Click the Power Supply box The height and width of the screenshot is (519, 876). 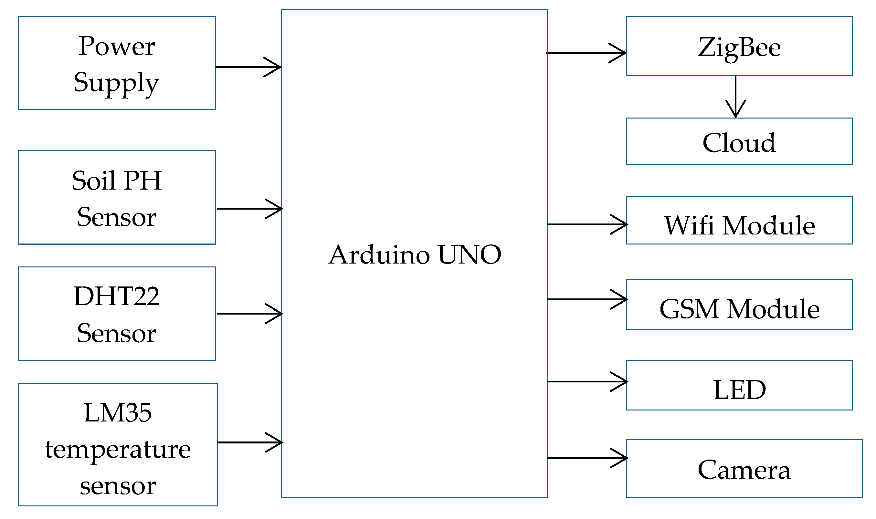tap(117, 63)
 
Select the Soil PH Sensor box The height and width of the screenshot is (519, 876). tap(117, 198)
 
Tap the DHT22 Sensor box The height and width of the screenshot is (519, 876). tap(117, 314)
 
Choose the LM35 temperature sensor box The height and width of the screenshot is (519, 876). tap(118, 444)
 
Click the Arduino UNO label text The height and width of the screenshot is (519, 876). tap(415, 254)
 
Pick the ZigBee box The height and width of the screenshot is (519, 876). tap(739, 46)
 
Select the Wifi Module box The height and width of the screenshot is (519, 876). tap(739, 220)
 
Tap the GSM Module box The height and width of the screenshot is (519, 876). tap(739, 305)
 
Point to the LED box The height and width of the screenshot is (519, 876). tap(739, 385)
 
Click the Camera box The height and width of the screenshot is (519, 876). tap(744, 469)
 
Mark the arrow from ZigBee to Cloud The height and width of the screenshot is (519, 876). tap(736, 97)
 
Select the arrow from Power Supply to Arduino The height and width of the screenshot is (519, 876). tap(248, 67)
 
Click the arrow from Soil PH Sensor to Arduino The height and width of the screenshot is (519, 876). tap(250, 209)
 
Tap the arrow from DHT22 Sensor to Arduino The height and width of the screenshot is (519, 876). tap(250, 314)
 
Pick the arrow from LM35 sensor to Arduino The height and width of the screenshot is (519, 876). tap(250, 443)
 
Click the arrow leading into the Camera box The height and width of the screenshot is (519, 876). tap(587, 458)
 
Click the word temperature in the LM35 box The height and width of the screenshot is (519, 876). tap(118, 450)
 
